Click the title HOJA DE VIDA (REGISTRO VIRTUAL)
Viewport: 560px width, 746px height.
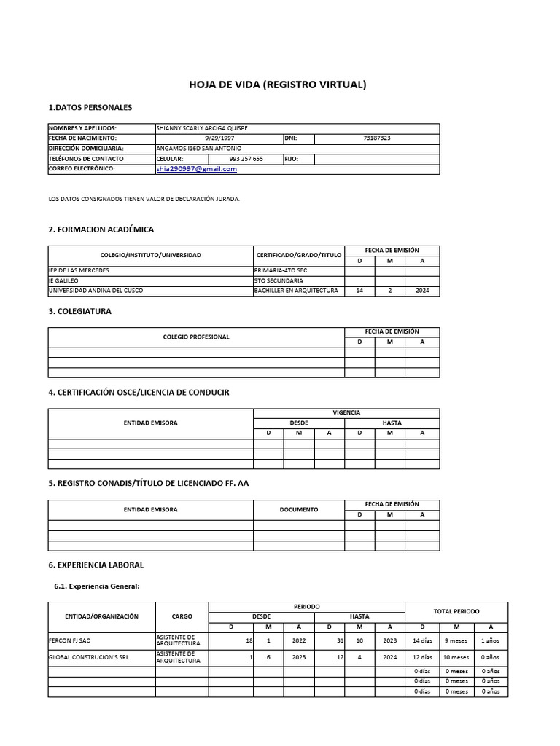coord(278,85)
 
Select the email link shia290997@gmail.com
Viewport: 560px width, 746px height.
coord(197,169)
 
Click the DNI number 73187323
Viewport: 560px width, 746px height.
coord(376,138)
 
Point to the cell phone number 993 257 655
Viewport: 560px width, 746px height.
coord(246,159)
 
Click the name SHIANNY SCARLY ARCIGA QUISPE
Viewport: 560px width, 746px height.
coord(202,128)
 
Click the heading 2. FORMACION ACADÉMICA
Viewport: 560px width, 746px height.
coord(101,229)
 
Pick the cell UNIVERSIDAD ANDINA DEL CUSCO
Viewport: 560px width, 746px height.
coord(96,291)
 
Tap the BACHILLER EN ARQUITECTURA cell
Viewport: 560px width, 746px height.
coord(296,291)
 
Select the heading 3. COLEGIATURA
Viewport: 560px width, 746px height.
coord(79,311)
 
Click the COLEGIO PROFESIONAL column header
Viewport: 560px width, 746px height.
coord(196,337)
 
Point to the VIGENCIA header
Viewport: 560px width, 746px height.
coord(346,412)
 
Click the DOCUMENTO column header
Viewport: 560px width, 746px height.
coord(299,509)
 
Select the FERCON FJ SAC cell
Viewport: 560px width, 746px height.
coord(70,641)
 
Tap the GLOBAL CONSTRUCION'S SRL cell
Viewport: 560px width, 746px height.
coord(89,657)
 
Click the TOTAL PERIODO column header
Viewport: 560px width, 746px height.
coord(456,611)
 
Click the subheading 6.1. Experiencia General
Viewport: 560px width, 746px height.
coord(96,586)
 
